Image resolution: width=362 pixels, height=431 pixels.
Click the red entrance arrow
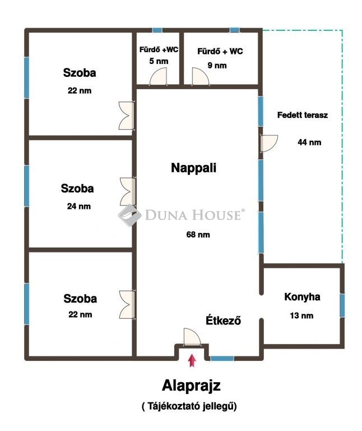192,360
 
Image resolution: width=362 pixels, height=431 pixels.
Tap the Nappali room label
194,168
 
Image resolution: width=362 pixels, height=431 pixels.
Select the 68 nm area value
198,235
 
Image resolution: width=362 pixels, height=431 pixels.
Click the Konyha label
302,297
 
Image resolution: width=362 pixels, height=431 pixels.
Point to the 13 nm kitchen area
301,315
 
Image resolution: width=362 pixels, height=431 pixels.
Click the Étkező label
224,320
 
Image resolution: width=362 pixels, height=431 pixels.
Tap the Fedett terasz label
303,115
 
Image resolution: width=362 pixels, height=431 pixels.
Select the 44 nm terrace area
309,143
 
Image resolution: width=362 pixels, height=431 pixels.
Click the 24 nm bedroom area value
79,206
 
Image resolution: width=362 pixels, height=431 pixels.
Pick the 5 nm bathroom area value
159,61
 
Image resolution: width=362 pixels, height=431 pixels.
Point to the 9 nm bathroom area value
217,66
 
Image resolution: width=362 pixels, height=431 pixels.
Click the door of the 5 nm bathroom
159,77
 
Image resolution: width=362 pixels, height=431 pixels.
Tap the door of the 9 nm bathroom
201,77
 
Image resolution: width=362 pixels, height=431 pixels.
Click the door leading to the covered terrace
268,143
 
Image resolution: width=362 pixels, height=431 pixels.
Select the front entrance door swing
192,337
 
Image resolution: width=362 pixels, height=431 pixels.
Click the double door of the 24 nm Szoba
128,191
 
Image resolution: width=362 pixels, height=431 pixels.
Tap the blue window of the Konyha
342,305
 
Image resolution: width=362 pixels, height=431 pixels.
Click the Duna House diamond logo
130,215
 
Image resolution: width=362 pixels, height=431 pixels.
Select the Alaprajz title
191,386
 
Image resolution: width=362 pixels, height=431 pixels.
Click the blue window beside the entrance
222,359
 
